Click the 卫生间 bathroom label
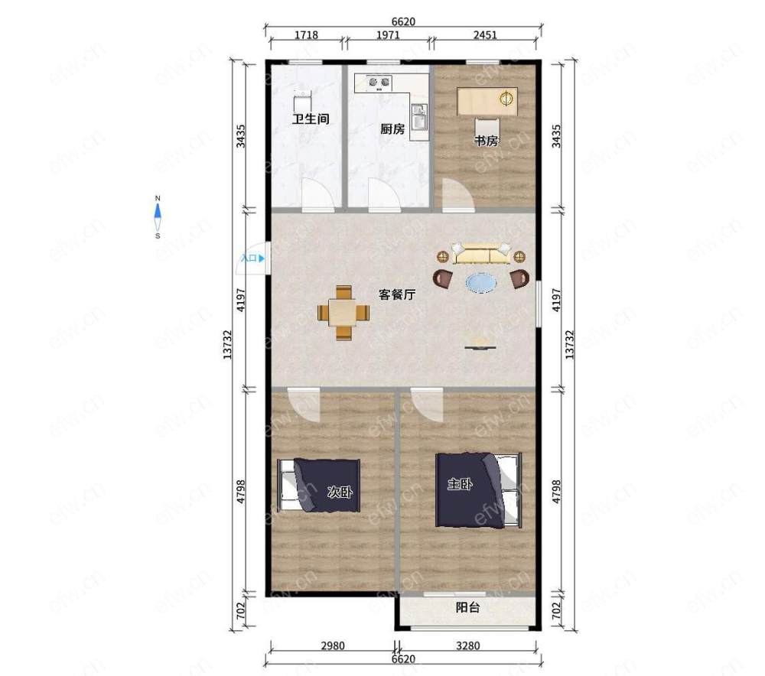click(x=311, y=119)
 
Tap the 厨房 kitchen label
click(x=392, y=128)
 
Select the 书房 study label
click(x=487, y=141)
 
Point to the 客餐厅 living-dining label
click(x=397, y=294)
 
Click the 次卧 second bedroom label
click(x=340, y=492)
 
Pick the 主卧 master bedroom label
click(x=460, y=484)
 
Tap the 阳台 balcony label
click(x=467, y=608)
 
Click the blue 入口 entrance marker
click(x=252, y=258)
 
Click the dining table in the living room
click(x=343, y=313)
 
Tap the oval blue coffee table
click(x=481, y=282)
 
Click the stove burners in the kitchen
click(x=379, y=83)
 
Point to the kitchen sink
click(x=419, y=118)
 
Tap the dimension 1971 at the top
click(x=388, y=35)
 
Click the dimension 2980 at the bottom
click(x=333, y=645)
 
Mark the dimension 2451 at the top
click(x=485, y=35)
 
